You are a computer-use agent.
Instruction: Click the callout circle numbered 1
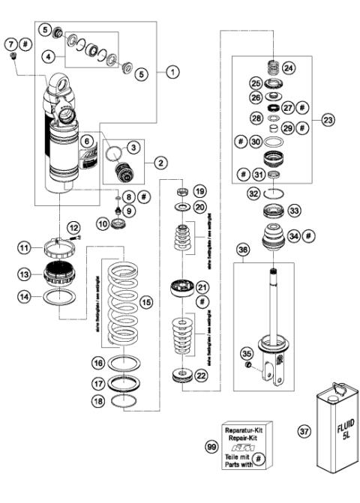(x=172, y=72)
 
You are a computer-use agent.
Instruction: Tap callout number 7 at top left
(x=10, y=45)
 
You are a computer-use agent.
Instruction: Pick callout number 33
(x=295, y=211)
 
